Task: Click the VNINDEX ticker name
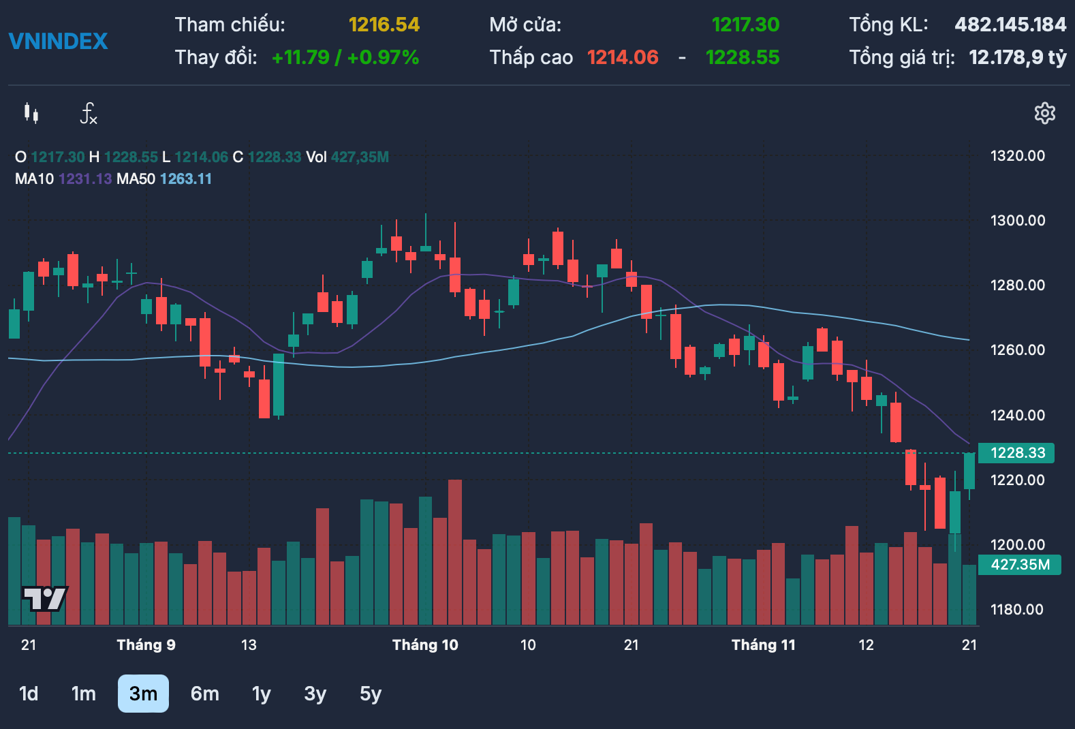coord(58,42)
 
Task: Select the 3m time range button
coord(143,694)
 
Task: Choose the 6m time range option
coord(204,694)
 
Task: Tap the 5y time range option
coord(371,694)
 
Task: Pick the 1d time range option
coord(29,694)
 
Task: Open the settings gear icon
coord(1044,113)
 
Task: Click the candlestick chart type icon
coord(31,113)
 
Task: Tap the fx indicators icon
coord(89,113)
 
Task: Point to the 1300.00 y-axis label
coord(1017,220)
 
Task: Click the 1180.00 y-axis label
coord(1016,609)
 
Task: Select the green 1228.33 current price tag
coord(1016,453)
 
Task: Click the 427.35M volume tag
coord(1019,565)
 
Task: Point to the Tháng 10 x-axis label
coord(425,645)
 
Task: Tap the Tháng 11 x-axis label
coord(763,645)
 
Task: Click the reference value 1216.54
coord(384,25)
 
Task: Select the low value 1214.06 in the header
coord(623,57)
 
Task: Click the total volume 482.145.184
coord(1010,25)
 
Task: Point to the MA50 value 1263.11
coord(186,179)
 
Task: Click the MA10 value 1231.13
coord(85,179)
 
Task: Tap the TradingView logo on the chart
coord(44,599)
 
